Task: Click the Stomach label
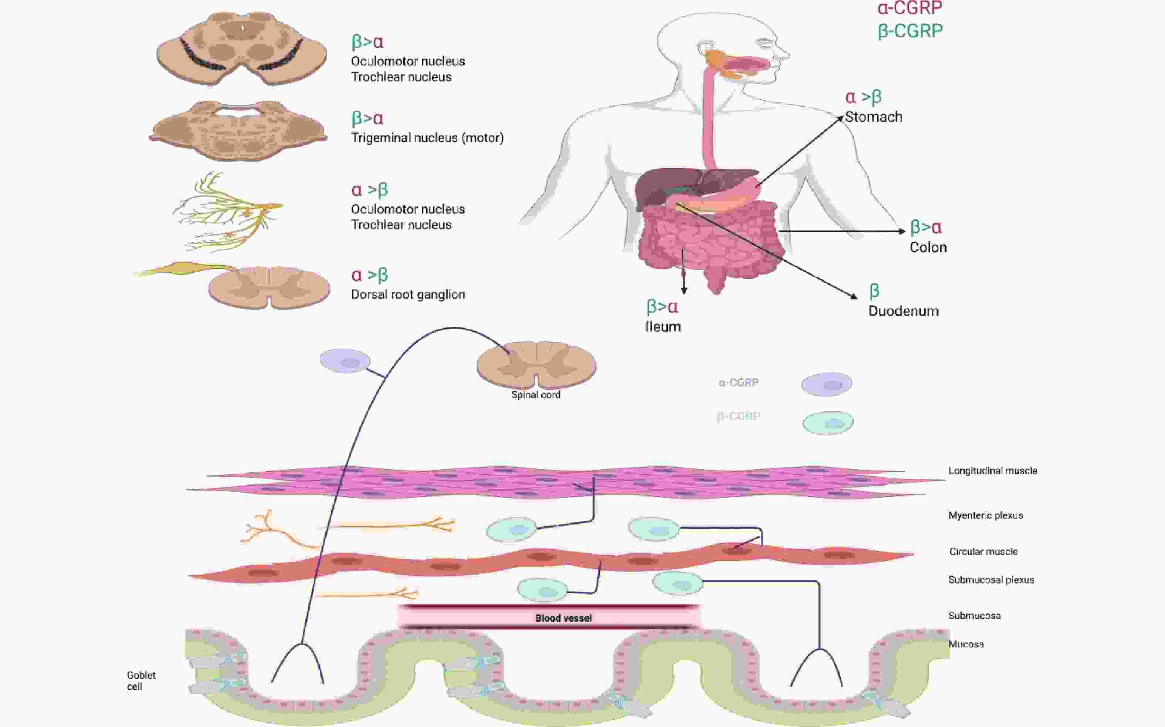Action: click(x=873, y=117)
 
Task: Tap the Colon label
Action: click(x=928, y=247)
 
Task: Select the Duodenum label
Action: click(x=903, y=311)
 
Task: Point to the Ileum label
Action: click(x=663, y=327)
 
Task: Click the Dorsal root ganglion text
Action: click(x=408, y=294)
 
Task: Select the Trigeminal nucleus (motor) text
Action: click(x=427, y=138)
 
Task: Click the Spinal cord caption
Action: click(x=536, y=395)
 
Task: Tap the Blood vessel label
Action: click(x=563, y=618)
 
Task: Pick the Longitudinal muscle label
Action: click(x=992, y=471)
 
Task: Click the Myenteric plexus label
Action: click(x=985, y=515)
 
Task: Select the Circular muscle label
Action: click(x=983, y=552)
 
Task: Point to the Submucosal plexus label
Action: click(x=991, y=580)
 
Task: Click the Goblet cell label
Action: click(x=141, y=681)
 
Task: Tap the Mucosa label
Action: click(x=966, y=644)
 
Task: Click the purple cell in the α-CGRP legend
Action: click(x=827, y=384)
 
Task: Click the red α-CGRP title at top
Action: click(x=909, y=8)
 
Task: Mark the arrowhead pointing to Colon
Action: click(x=902, y=231)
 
